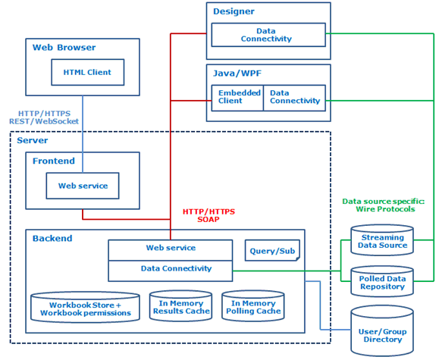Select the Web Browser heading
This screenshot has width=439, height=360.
[x=64, y=48]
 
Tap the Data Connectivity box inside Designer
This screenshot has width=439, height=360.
[x=266, y=34]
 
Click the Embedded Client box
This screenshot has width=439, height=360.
[x=236, y=97]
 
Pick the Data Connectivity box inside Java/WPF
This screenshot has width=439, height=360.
[x=295, y=97]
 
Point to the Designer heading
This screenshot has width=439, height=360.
[x=234, y=11]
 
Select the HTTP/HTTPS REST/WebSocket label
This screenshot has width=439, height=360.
[x=43, y=117]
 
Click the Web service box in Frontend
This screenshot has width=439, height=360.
[x=83, y=186]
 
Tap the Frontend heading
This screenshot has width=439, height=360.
[x=53, y=161]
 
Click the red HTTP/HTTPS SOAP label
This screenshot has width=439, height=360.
[x=209, y=215]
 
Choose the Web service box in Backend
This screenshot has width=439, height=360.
[x=171, y=249]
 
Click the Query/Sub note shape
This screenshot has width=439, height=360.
[x=272, y=251]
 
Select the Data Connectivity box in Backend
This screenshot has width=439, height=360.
[x=171, y=268]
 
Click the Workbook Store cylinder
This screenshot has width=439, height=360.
[x=85, y=308]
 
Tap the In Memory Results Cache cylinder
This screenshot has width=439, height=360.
[x=180, y=306]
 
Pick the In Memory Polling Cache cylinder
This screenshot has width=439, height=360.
[x=252, y=306]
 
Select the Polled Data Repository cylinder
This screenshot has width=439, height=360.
[x=382, y=283]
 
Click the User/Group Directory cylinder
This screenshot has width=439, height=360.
[x=382, y=332]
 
